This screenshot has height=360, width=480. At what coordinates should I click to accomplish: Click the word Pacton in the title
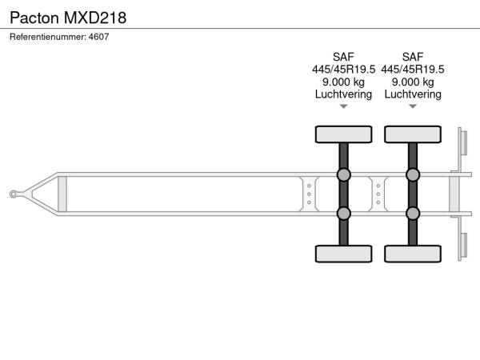point(34,18)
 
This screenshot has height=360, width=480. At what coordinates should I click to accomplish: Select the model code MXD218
point(95,18)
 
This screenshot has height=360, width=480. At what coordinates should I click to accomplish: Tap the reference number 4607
point(98,37)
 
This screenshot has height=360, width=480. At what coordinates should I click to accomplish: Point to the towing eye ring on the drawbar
point(13,194)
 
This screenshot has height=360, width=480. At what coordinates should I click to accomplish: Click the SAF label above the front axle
point(343,57)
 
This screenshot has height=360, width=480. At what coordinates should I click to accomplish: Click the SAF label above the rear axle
point(413,57)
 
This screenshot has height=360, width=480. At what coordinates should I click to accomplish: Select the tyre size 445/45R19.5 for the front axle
point(343,69)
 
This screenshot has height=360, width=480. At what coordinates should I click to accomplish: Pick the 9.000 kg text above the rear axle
point(413,82)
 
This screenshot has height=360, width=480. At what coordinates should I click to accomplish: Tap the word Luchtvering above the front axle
point(343,94)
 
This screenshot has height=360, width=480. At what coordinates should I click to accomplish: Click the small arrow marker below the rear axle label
point(413,106)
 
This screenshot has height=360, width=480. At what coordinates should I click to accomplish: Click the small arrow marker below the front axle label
point(343,106)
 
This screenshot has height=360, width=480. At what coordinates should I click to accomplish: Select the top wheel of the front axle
point(343,134)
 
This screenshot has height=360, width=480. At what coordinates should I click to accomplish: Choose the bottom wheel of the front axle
point(343,254)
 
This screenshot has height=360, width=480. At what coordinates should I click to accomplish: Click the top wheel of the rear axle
point(413,134)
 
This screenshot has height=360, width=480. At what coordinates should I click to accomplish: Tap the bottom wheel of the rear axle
point(413,254)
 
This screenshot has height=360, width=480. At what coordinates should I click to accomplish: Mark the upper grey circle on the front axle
point(343,174)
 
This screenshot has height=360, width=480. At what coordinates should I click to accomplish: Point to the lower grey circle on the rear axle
point(413,214)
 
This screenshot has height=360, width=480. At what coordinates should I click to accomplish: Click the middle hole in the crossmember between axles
point(378,194)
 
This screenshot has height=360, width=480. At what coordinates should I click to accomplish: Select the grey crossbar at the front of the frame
point(62,194)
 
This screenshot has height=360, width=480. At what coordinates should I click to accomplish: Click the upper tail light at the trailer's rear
point(464,143)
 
